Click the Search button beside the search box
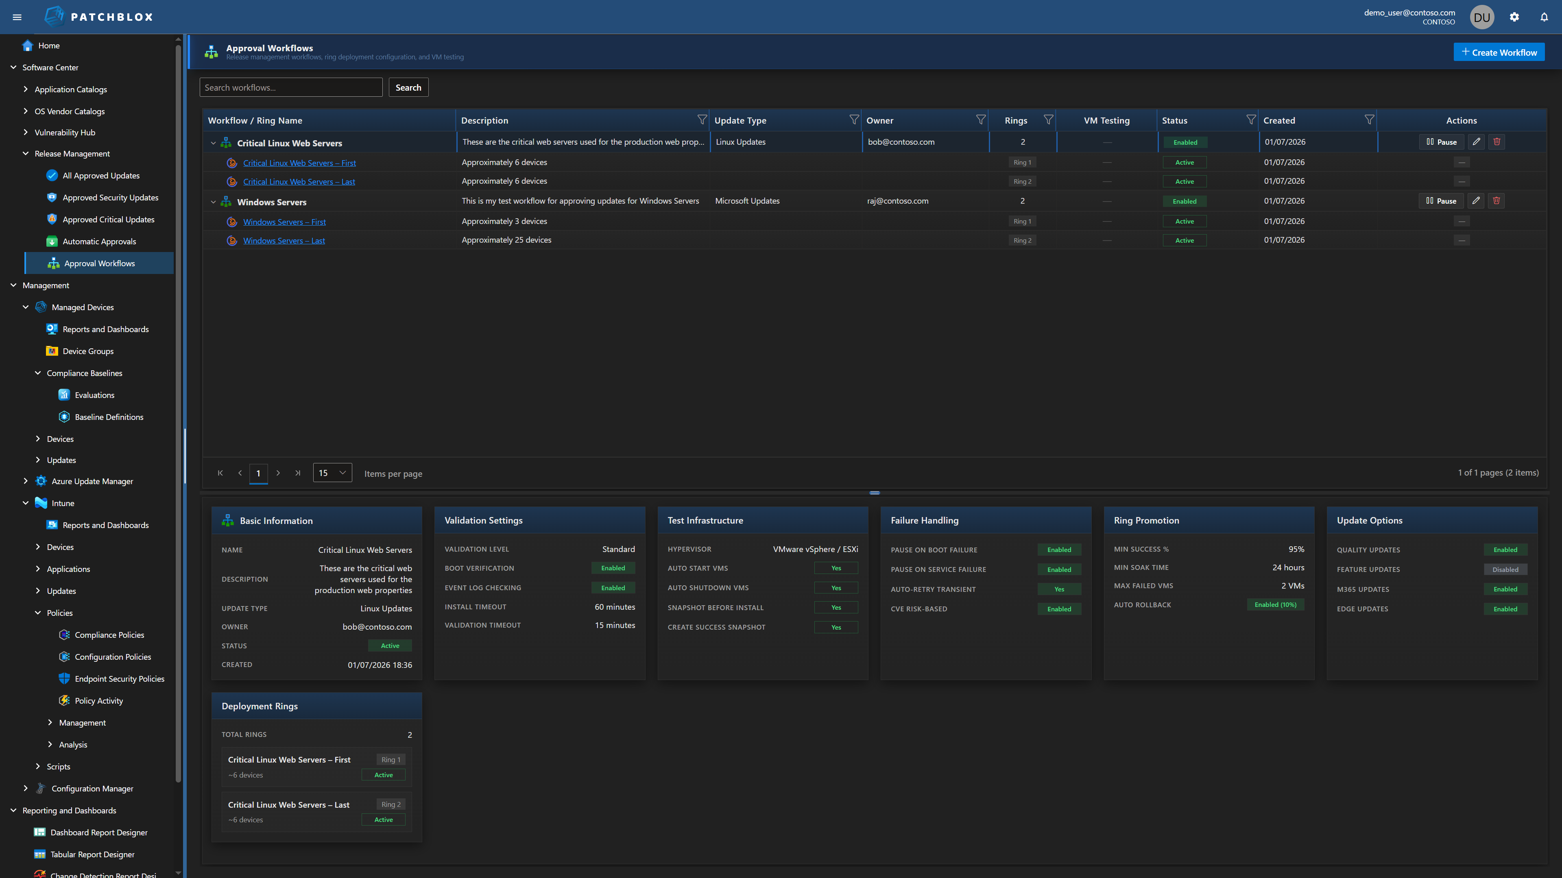[408, 87]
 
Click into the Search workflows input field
[290, 87]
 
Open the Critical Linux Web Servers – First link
[299, 163]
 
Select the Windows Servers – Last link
[284, 241]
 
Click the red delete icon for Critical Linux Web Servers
[1497, 142]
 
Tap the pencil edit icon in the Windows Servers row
[1476, 200]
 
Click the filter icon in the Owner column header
[980, 120]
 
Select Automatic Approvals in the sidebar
[99, 241]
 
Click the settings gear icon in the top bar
[1514, 17]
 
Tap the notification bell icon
[1544, 17]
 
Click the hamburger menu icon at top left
[17, 17]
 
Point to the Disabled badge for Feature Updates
[1505, 569]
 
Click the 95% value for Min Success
[1296, 549]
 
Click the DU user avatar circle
[1481, 17]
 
